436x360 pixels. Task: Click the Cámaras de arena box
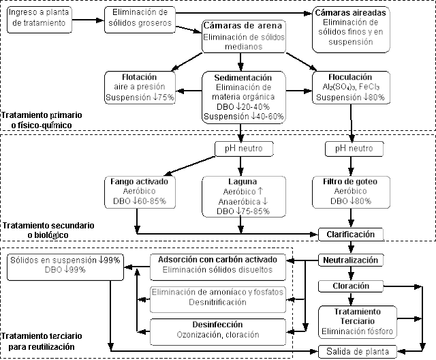244,35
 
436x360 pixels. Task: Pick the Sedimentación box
244,97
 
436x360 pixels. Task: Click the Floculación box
350,88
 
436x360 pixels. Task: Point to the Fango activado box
138,192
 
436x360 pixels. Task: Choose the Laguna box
244,197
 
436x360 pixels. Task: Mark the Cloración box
350,286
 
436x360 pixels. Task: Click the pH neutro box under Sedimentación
244,149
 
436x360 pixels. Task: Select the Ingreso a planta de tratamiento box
42,18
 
